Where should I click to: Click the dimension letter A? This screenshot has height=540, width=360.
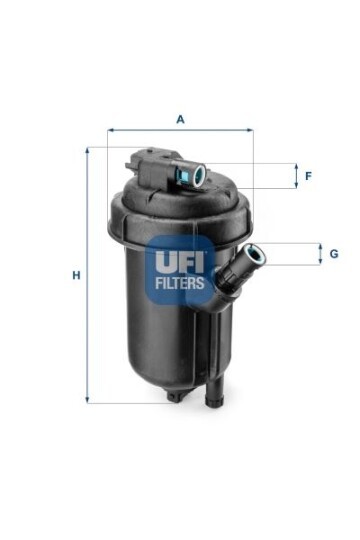coord(180,119)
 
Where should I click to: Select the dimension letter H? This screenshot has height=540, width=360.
coord(75,275)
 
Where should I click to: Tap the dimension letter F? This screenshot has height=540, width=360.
coord(308,176)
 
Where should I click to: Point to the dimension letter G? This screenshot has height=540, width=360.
coord(333,254)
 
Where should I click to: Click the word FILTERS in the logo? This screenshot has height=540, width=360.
coord(180,283)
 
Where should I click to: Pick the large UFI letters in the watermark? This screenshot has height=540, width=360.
coord(180,262)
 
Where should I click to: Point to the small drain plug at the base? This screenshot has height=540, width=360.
coord(175,397)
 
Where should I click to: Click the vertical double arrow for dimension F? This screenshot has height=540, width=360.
coord(295,176)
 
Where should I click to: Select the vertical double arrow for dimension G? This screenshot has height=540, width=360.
coord(320,254)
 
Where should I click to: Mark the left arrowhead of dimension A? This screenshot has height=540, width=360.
coord(111,130)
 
